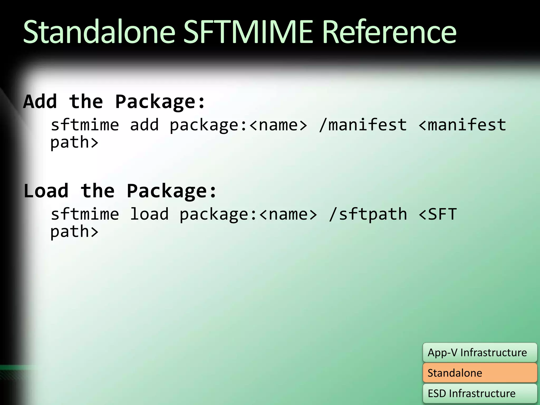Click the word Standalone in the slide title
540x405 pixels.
click(x=99, y=32)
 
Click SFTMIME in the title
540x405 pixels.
click(x=248, y=32)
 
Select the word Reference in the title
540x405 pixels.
click(x=389, y=32)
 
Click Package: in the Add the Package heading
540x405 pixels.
click(x=160, y=102)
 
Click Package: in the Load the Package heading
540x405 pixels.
click(x=171, y=191)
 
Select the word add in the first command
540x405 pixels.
click(x=144, y=125)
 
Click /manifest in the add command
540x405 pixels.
click(x=363, y=125)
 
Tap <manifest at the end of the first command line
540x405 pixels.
click(x=462, y=125)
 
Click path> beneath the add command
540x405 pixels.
click(x=74, y=143)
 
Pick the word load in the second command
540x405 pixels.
click(x=149, y=214)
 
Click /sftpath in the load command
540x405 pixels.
click(x=368, y=214)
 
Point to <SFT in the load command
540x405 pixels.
click(x=437, y=214)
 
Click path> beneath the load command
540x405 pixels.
click(x=74, y=232)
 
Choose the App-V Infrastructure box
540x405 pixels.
click(x=480, y=353)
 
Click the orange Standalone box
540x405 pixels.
click(x=480, y=373)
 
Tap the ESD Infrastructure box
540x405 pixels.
click(x=480, y=393)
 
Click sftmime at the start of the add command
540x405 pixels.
click(x=85, y=125)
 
